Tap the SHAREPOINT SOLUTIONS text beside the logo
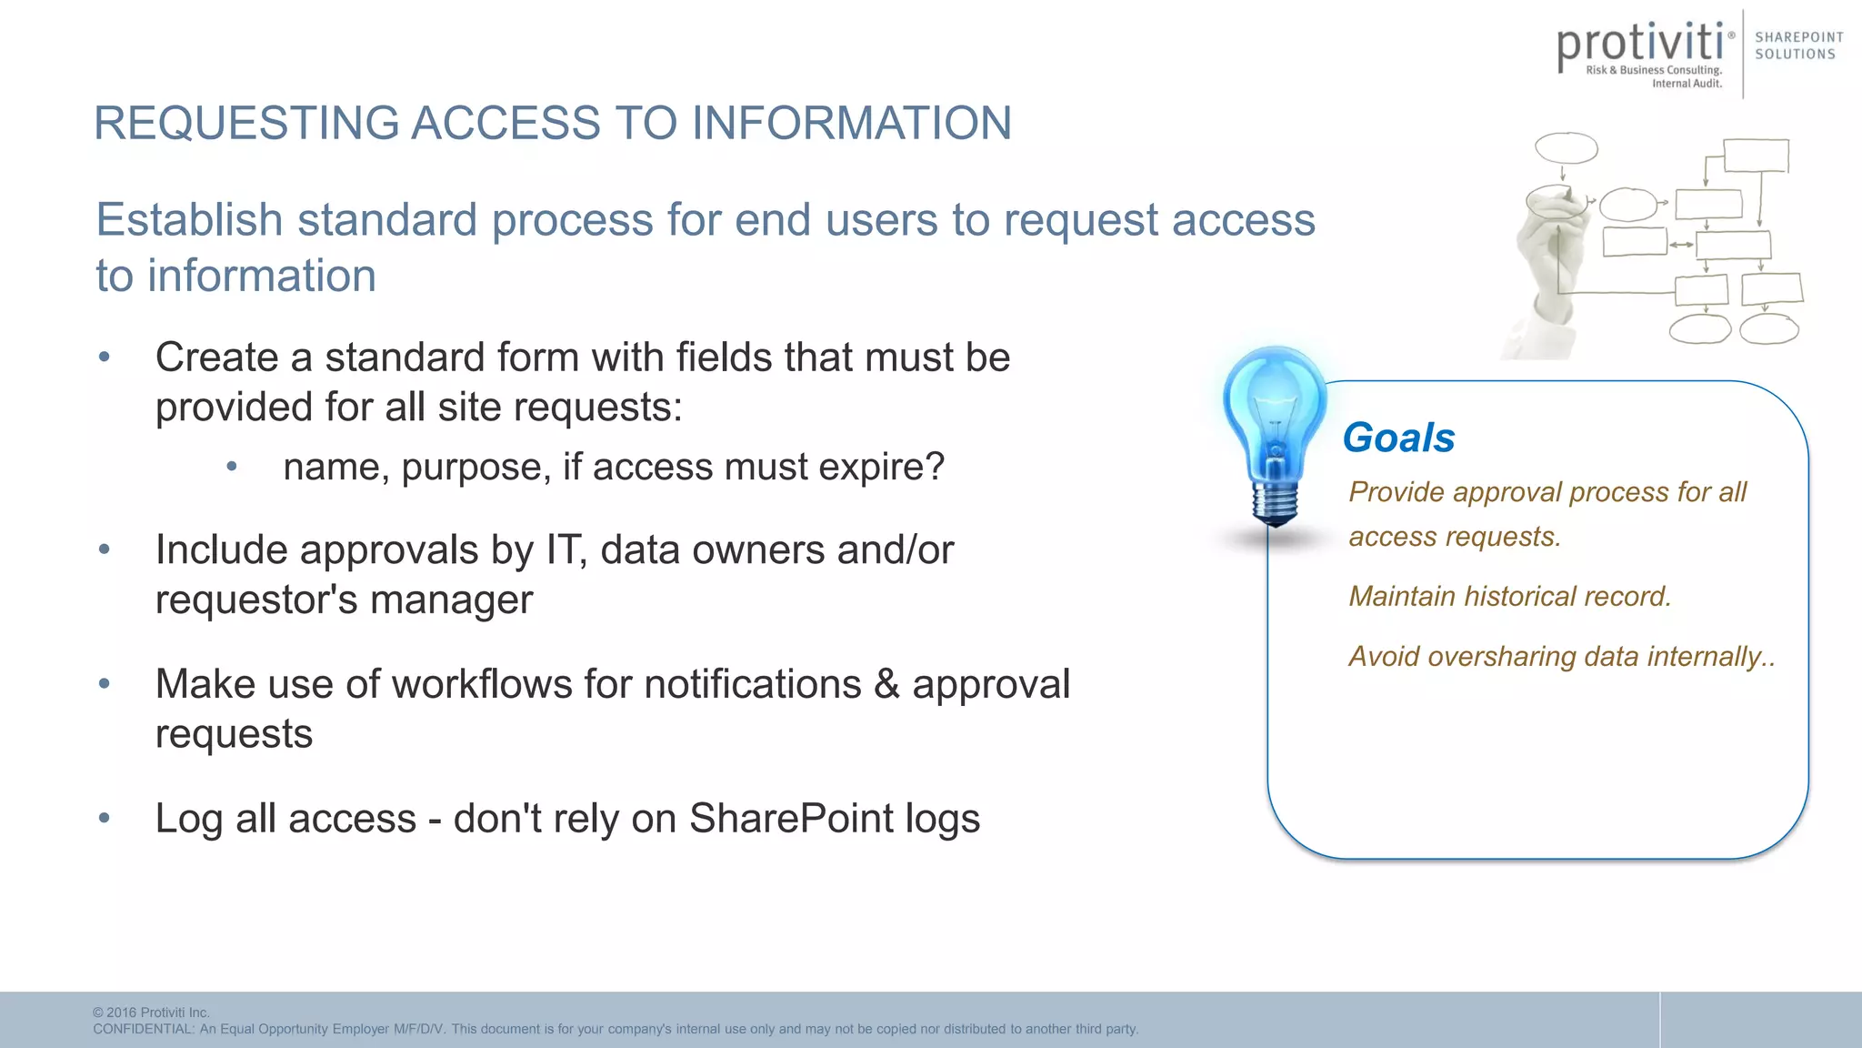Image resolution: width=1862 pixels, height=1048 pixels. pyautogui.click(x=1798, y=45)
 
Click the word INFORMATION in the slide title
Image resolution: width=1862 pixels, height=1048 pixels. pyautogui.click(x=851, y=123)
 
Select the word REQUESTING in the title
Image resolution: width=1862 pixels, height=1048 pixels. pyautogui.click(x=246, y=123)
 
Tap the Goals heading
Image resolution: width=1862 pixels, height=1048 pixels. pyautogui.click(x=1398, y=438)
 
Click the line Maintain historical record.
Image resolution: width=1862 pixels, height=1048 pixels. pyautogui.click(x=1509, y=596)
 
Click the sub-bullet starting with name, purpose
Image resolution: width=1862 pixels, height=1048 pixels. pyautogui.click(x=614, y=467)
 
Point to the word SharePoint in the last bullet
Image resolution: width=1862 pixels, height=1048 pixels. pyautogui.click(x=791, y=818)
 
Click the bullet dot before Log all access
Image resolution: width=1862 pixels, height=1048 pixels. pyautogui.click(x=105, y=818)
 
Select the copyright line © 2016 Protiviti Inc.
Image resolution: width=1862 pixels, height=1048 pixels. pyautogui.click(x=151, y=1013)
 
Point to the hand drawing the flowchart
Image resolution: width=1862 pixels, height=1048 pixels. pyautogui.click(x=1549, y=264)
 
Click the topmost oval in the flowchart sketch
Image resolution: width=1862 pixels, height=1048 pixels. pyautogui.click(x=1566, y=147)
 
